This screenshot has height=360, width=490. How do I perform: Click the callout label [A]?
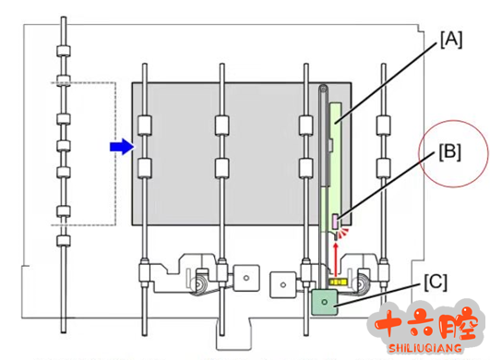pos(451,40)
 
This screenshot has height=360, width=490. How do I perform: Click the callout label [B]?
pos(449,152)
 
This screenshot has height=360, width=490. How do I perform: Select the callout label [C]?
pos(436,282)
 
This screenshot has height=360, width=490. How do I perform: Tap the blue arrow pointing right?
pos(122,147)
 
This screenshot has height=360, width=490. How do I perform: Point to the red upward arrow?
pos(336,260)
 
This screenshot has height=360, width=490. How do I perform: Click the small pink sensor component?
pos(335,222)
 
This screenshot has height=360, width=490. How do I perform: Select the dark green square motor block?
pos(325,302)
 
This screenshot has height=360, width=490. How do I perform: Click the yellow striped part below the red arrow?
pos(338,282)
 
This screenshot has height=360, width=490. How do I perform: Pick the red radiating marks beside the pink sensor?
pos(344,233)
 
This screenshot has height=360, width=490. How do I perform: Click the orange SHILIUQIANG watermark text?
pos(425,348)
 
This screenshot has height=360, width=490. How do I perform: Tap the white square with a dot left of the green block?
pos(283,284)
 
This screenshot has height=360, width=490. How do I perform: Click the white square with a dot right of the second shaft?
pos(246,278)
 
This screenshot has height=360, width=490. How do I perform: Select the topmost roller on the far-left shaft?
pos(64,51)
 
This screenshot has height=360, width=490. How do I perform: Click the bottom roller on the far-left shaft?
pos(64,241)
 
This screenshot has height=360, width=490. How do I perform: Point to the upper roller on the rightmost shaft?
pos(384,126)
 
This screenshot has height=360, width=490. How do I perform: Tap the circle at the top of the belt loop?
pos(324,89)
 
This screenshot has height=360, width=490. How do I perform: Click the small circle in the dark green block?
pos(325,302)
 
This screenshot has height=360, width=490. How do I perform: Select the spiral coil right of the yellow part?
pos(363,284)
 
